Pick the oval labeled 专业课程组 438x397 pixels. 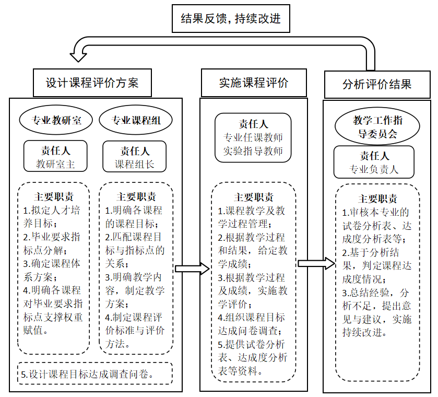[136, 120]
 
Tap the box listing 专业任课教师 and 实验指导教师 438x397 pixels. [253, 137]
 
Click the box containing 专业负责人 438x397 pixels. [374, 162]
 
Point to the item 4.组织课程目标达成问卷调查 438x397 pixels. [252, 324]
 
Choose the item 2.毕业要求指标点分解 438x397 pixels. [51, 243]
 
